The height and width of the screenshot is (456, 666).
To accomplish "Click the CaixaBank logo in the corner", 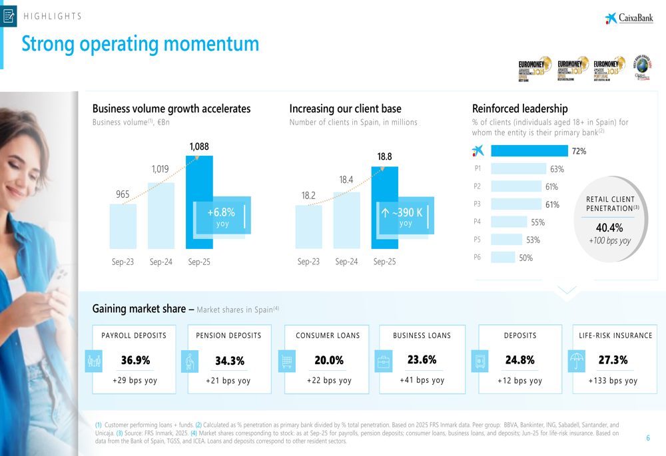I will tap(629, 18).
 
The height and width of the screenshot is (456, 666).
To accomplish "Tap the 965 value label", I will tap(123, 194).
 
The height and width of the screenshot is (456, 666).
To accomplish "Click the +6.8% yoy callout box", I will tap(222, 216).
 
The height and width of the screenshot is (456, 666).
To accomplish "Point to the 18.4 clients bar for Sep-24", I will tap(346, 220).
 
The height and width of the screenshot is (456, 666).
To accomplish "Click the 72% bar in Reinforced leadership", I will tap(529, 151).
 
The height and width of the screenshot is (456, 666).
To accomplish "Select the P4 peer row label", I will tap(477, 222).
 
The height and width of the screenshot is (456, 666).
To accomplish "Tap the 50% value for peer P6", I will tap(526, 258).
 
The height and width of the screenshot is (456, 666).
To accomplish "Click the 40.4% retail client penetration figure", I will tap(609, 228).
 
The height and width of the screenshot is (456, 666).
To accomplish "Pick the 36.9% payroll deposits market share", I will tap(135, 360).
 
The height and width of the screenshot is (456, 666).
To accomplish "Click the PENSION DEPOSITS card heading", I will tap(229, 336).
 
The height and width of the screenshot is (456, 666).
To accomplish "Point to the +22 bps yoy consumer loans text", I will tap(329, 381).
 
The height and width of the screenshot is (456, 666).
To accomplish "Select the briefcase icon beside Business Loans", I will tap(384, 361).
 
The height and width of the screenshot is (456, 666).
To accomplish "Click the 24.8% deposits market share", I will tap(520, 360).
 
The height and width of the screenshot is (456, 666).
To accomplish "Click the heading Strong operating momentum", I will tap(141, 44).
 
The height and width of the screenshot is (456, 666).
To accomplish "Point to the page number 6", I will tap(648, 437).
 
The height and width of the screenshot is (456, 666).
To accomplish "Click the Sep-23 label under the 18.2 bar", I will tap(308, 262).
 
